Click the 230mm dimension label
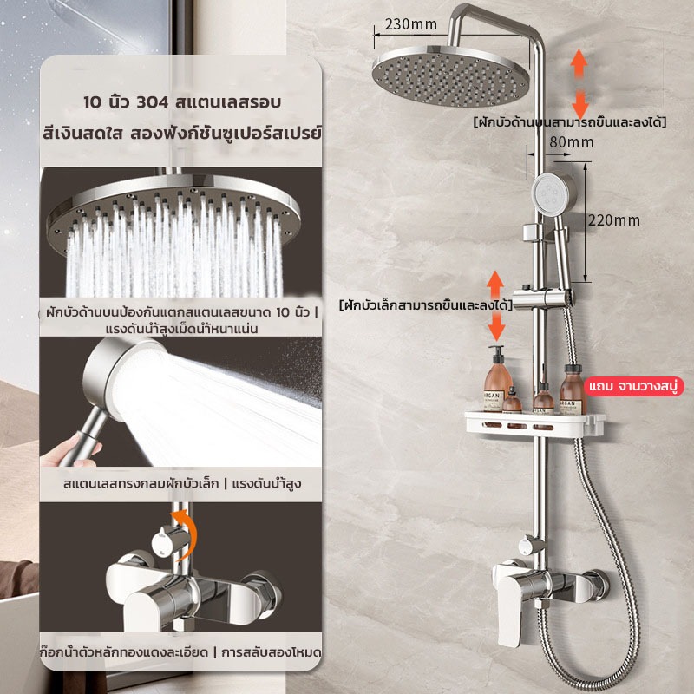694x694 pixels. click(410, 24)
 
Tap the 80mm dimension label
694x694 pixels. click(572, 142)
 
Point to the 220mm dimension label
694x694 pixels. click(614, 220)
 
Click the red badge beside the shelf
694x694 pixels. click(633, 386)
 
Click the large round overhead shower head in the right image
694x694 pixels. click(450, 75)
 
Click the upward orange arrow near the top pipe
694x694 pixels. click(579, 64)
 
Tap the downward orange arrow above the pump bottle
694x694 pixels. click(496, 325)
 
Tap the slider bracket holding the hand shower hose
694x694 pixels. click(542, 296)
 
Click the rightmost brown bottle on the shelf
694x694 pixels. click(573, 390)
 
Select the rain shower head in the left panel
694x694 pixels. click(173, 208)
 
